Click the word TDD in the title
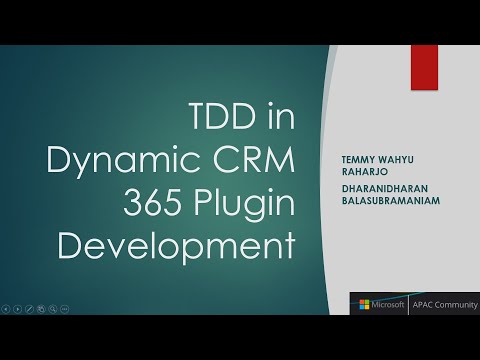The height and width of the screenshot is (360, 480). [225, 118]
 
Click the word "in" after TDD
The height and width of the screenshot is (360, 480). [277, 118]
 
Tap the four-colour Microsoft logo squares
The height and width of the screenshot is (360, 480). [363, 303]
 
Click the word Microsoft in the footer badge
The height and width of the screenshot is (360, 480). [386, 303]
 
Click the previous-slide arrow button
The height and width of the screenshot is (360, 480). [6, 310]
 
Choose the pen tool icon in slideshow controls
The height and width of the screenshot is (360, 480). [29, 310]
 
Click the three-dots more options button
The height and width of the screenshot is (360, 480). [65, 310]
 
